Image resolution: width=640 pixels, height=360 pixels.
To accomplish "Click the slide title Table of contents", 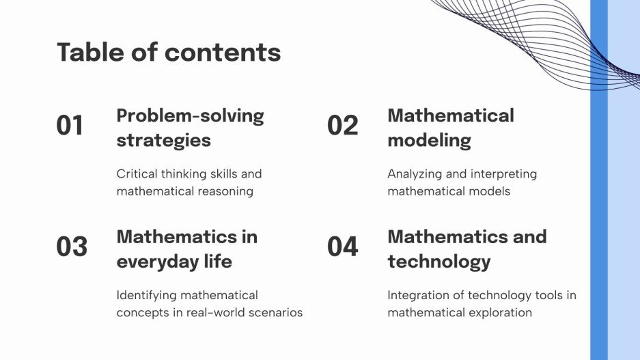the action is tap(169, 52).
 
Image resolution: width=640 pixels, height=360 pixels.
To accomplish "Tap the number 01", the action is tap(70, 125).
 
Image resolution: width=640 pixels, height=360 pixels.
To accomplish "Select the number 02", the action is tap(342, 125).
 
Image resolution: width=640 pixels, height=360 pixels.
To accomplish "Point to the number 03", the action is tap(72, 246).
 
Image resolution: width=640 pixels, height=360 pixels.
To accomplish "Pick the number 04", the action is tap(342, 246).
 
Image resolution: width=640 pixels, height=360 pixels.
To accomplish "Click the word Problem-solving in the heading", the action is tap(190, 117).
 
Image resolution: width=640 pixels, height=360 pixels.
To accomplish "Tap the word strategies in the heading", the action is tap(164, 141).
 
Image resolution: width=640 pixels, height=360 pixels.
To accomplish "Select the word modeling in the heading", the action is tap(430, 141).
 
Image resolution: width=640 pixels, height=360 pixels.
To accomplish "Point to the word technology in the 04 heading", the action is tap(439, 262).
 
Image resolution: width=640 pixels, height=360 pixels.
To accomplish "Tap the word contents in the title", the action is tap(223, 53).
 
